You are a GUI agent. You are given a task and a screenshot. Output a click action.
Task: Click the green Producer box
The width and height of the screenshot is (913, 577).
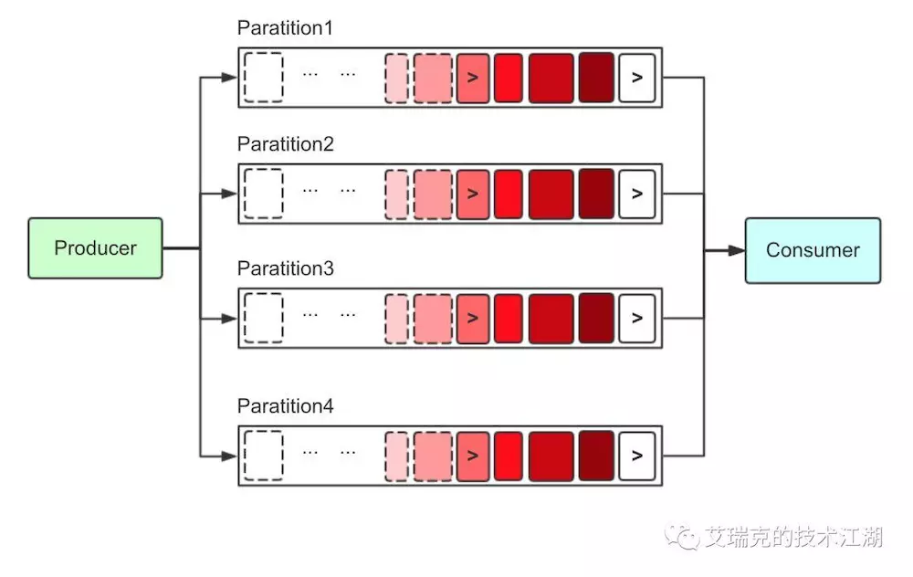[x=96, y=248]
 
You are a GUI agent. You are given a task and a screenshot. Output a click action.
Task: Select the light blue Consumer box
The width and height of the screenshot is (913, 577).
[x=813, y=250]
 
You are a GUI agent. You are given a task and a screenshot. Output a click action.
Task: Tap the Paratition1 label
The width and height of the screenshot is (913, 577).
[x=285, y=27]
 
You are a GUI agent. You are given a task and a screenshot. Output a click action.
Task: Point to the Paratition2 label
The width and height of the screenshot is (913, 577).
[x=285, y=144]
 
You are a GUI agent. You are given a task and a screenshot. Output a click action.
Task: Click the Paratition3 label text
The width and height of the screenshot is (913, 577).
[x=285, y=268]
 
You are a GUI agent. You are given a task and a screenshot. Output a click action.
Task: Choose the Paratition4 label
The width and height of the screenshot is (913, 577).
[x=285, y=406]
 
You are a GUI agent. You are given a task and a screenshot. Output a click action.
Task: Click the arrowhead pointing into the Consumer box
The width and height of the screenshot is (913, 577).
[x=737, y=250]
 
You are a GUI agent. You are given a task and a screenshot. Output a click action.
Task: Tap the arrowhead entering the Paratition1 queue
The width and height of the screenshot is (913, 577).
[x=229, y=77]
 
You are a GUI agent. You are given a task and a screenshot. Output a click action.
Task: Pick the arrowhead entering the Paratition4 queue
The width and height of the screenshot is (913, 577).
[x=229, y=456]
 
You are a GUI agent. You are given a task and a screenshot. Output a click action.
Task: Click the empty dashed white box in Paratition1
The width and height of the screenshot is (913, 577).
[x=264, y=78]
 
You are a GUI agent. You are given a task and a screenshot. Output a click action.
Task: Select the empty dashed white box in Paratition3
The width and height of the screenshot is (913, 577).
[x=264, y=318]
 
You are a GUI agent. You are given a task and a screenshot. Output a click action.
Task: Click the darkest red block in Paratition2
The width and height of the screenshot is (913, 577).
[x=596, y=194]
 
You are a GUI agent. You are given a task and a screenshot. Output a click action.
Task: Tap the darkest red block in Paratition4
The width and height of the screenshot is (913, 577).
[x=596, y=456]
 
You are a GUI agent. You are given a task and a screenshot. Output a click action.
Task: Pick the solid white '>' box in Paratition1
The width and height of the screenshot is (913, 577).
[x=637, y=78]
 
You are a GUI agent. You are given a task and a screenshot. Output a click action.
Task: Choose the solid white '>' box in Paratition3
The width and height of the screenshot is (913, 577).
[x=637, y=319]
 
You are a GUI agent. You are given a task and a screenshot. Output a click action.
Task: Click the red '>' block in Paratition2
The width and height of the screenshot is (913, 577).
[x=473, y=194]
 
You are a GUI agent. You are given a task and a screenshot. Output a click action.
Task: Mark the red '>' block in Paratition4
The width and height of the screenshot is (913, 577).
[x=473, y=456]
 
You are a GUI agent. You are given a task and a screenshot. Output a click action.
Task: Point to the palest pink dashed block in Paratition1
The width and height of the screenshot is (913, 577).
[x=397, y=79]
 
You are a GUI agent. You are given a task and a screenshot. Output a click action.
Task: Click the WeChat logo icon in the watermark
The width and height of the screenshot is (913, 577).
[x=682, y=535]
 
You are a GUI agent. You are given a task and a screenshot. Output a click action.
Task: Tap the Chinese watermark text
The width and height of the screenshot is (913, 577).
[x=793, y=537]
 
